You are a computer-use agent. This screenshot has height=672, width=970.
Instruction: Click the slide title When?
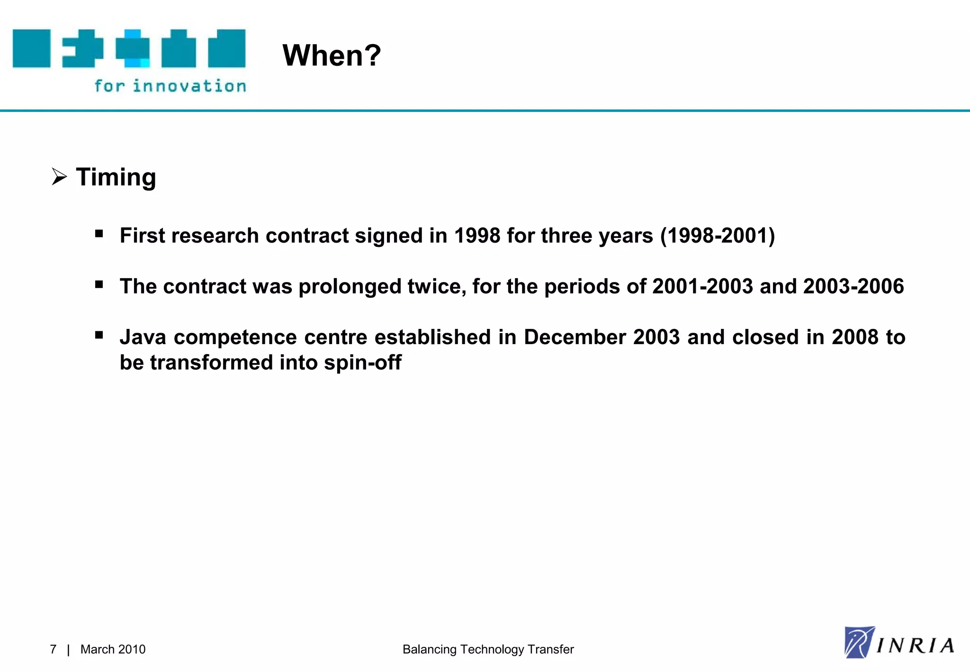click(x=332, y=55)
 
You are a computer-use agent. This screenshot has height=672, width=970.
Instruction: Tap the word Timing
click(x=116, y=178)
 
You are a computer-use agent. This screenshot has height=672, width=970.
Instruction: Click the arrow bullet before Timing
click(x=59, y=177)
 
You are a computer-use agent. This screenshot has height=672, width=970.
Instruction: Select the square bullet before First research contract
click(x=99, y=233)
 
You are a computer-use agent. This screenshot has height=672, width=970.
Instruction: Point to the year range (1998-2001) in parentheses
click(x=718, y=236)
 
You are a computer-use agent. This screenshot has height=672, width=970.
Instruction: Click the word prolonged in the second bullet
click(x=350, y=287)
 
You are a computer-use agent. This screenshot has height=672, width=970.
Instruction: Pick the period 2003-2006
click(x=853, y=286)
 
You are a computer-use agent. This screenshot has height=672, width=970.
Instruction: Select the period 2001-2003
click(x=702, y=286)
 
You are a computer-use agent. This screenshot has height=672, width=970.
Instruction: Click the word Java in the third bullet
click(x=143, y=337)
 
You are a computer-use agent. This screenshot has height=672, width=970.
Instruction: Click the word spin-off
click(x=362, y=363)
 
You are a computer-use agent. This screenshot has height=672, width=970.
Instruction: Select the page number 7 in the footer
click(x=53, y=649)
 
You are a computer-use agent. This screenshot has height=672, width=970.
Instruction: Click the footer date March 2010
click(x=113, y=649)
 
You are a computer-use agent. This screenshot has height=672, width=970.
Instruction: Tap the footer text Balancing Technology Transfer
click(x=488, y=649)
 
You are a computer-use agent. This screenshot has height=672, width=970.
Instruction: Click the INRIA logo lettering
click(x=914, y=645)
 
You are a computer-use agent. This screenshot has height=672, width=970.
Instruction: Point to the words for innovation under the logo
click(x=170, y=86)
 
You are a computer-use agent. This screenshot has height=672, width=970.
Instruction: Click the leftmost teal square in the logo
click(x=31, y=48)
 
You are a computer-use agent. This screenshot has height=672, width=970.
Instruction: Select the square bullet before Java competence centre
click(x=99, y=335)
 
